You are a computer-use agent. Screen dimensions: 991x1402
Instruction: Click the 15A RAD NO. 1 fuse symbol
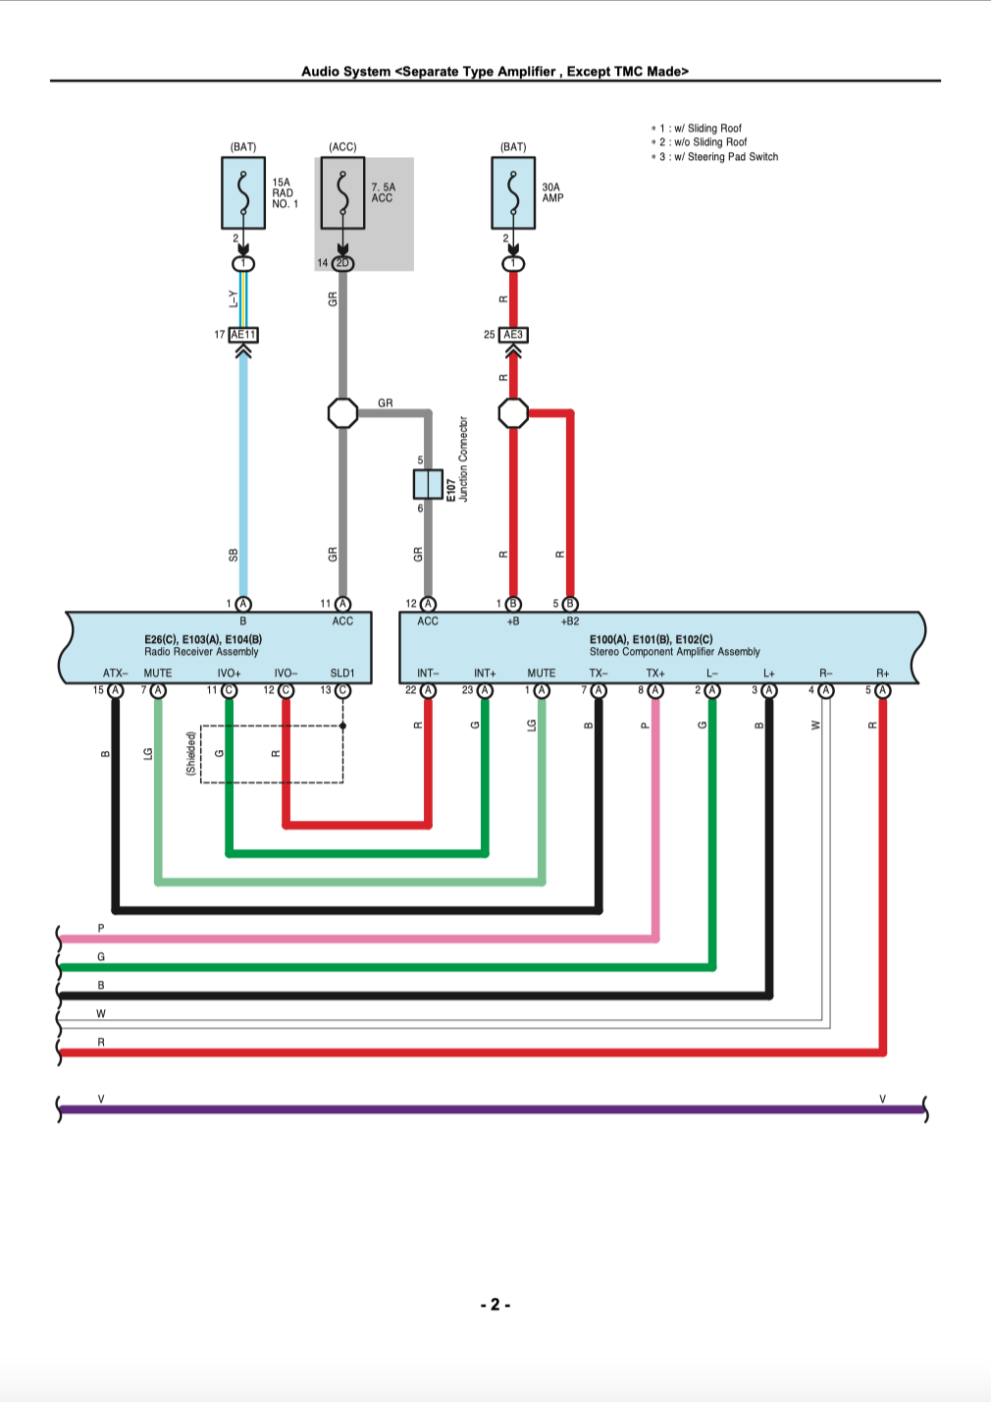(243, 192)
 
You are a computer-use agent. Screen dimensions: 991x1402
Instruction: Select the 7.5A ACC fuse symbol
(342, 192)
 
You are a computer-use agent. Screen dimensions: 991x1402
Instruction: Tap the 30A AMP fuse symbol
(513, 192)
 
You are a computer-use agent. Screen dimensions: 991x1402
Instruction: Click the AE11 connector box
(243, 335)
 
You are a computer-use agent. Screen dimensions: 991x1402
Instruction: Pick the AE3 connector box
(513, 335)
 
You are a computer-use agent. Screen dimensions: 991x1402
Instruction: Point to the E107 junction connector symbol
(428, 484)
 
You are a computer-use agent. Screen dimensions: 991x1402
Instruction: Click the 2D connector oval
(342, 263)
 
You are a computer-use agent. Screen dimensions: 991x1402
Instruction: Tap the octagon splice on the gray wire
(342, 413)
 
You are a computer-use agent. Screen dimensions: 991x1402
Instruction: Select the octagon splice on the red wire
(513, 413)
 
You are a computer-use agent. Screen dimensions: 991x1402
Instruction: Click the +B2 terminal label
(570, 621)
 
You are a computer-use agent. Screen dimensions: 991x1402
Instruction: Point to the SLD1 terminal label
(342, 674)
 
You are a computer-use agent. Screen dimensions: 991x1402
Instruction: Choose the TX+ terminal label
(655, 674)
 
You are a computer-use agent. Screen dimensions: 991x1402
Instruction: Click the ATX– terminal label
(115, 674)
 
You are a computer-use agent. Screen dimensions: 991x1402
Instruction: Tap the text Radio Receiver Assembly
(201, 652)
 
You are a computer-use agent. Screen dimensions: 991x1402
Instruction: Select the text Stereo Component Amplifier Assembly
(674, 652)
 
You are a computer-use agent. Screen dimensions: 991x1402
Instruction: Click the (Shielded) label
(190, 754)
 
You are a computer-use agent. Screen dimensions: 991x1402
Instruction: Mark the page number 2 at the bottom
(495, 1305)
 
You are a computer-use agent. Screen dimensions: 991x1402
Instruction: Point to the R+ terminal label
(883, 674)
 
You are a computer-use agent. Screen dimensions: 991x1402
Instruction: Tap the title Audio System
(346, 72)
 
